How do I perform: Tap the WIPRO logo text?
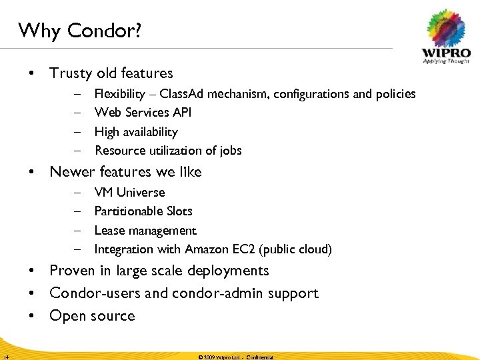[x=445, y=52]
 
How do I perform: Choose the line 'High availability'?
[x=136, y=132]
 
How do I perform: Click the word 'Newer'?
[x=71, y=172]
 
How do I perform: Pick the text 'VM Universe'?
[x=129, y=193]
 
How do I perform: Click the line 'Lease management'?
[x=145, y=231]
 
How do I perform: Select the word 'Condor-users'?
[x=93, y=293]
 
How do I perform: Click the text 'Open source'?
[x=92, y=316]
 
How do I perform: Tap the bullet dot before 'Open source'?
[x=31, y=316]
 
